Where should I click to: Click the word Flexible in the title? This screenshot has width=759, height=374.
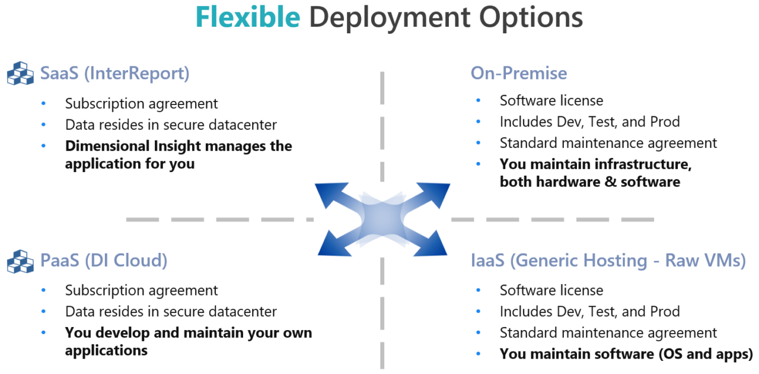click(248, 18)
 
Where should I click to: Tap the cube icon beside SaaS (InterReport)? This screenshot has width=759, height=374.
click(20, 74)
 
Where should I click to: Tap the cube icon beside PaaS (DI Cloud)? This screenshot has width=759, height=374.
click(20, 261)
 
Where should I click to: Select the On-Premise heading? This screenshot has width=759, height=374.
click(519, 73)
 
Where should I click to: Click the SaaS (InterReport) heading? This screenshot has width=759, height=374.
click(115, 74)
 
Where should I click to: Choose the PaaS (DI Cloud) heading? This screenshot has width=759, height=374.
click(104, 261)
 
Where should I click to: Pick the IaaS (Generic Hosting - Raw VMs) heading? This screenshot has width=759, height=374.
click(608, 261)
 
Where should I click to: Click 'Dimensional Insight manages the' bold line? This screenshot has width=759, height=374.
click(178, 146)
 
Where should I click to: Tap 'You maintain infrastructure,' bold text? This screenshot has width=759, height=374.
click(596, 164)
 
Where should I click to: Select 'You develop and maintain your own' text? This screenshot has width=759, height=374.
click(189, 333)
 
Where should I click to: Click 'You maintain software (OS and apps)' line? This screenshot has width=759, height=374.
click(626, 354)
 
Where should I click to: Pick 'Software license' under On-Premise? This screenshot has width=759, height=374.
click(551, 101)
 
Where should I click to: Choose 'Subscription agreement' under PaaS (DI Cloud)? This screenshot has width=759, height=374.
click(142, 290)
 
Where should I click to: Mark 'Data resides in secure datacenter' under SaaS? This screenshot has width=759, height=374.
click(171, 125)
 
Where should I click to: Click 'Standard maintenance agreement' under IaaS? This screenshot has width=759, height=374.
click(608, 333)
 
